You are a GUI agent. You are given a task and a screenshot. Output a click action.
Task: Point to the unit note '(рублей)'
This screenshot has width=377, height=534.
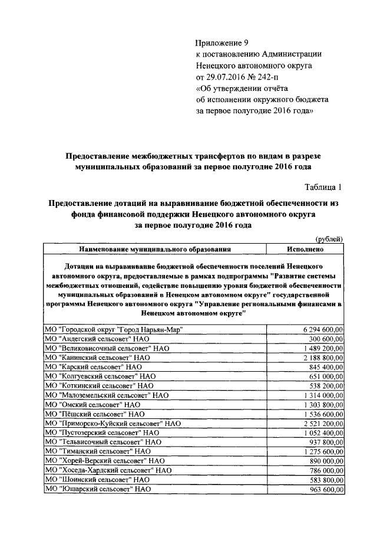coord(330,238)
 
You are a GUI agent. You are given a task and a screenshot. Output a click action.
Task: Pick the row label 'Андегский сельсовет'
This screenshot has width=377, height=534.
coord(97,339)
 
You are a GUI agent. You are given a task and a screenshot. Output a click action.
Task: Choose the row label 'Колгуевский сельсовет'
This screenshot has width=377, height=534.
coord(100,376)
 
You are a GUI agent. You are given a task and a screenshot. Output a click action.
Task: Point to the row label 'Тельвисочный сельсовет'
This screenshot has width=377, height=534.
coord(102,442)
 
